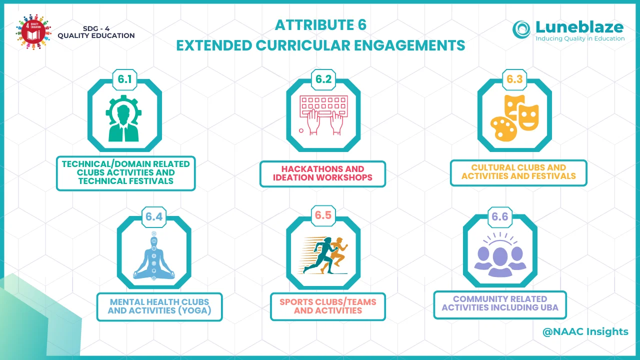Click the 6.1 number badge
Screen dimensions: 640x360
124,79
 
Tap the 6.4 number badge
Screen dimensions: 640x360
154,217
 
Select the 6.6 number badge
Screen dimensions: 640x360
499,217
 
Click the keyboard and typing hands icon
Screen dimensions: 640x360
323,115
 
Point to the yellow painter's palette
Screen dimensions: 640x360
503,129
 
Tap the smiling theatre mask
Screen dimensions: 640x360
529,117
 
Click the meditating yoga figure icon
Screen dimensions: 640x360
154,255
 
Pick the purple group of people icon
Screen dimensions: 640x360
500,254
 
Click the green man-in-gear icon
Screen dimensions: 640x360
123,118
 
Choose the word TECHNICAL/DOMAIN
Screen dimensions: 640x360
105,164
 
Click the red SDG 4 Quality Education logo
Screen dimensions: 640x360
33,32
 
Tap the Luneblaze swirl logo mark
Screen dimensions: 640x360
521,29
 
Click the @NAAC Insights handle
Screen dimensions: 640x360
585,331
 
